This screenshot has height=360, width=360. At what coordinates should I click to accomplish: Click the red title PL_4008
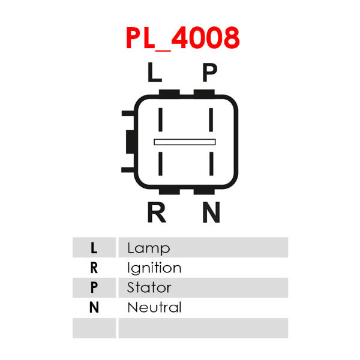pyautogui.click(x=182, y=38)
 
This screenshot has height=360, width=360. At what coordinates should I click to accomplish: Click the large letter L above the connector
pyautogui.click(x=155, y=72)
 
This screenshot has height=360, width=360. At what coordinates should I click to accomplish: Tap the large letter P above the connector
pyautogui.click(x=209, y=72)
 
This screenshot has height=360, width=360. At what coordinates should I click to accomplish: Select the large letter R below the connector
pyautogui.click(x=157, y=212)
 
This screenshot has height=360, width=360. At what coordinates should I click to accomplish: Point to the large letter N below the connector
pyautogui.click(x=211, y=212)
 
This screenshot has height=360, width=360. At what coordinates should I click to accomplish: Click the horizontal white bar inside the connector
pyautogui.click(x=185, y=142)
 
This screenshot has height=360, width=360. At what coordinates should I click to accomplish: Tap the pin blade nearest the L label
pyautogui.click(x=160, y=119)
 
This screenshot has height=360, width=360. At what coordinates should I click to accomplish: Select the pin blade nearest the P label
pyautogui.click(x=211, y=119)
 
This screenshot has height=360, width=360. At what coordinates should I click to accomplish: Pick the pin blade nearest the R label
pyautogui.click(x=160, y=164)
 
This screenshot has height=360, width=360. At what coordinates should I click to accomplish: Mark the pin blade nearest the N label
pyautogui.click(x=211, y=164)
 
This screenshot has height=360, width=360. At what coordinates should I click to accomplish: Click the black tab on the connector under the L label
pyautogui.click(x=169, y=92)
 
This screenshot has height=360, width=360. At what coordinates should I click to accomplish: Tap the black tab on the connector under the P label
pyautogui.click(x=204, y=92)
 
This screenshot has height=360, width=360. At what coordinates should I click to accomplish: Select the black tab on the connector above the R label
pyautogui.click(x=169, y=191)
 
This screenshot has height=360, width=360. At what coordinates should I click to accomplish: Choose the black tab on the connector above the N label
pyautogui.click(x=204, y=191)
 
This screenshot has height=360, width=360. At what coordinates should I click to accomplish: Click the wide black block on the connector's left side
pyautogui.click(x=130, y=142)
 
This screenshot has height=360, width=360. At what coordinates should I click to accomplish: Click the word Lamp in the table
pyautogui.click(x=149, y=248)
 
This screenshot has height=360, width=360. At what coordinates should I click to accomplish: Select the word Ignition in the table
pyautogui.click(x=154, y=268)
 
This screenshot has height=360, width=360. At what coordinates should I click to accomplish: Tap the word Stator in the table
pyautogui.click(x=149, y=287)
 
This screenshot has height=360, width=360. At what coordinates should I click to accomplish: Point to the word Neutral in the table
pyautogui.click(x=155, y=307)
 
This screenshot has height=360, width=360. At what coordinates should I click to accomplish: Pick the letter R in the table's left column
pyautogui.click(x=94, y=268)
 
